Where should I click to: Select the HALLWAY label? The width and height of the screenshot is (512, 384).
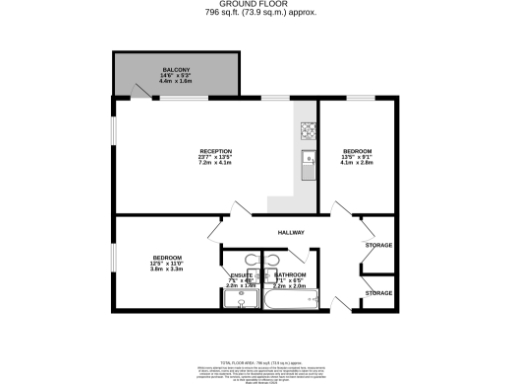pyautogui.click(x=291, y=233)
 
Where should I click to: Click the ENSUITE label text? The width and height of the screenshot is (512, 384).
pyautogui.click(x=241, y=274)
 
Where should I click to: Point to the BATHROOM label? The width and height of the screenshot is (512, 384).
pyautogui.click(x=291, y=274)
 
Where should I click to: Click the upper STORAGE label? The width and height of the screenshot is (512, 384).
pyautogui.click(x=378, y=245)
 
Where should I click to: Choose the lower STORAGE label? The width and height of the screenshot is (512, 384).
pyautogui.click(x=378, y=293)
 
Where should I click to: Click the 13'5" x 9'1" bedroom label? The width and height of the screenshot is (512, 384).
pyautogui.click(x=356, y=157)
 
